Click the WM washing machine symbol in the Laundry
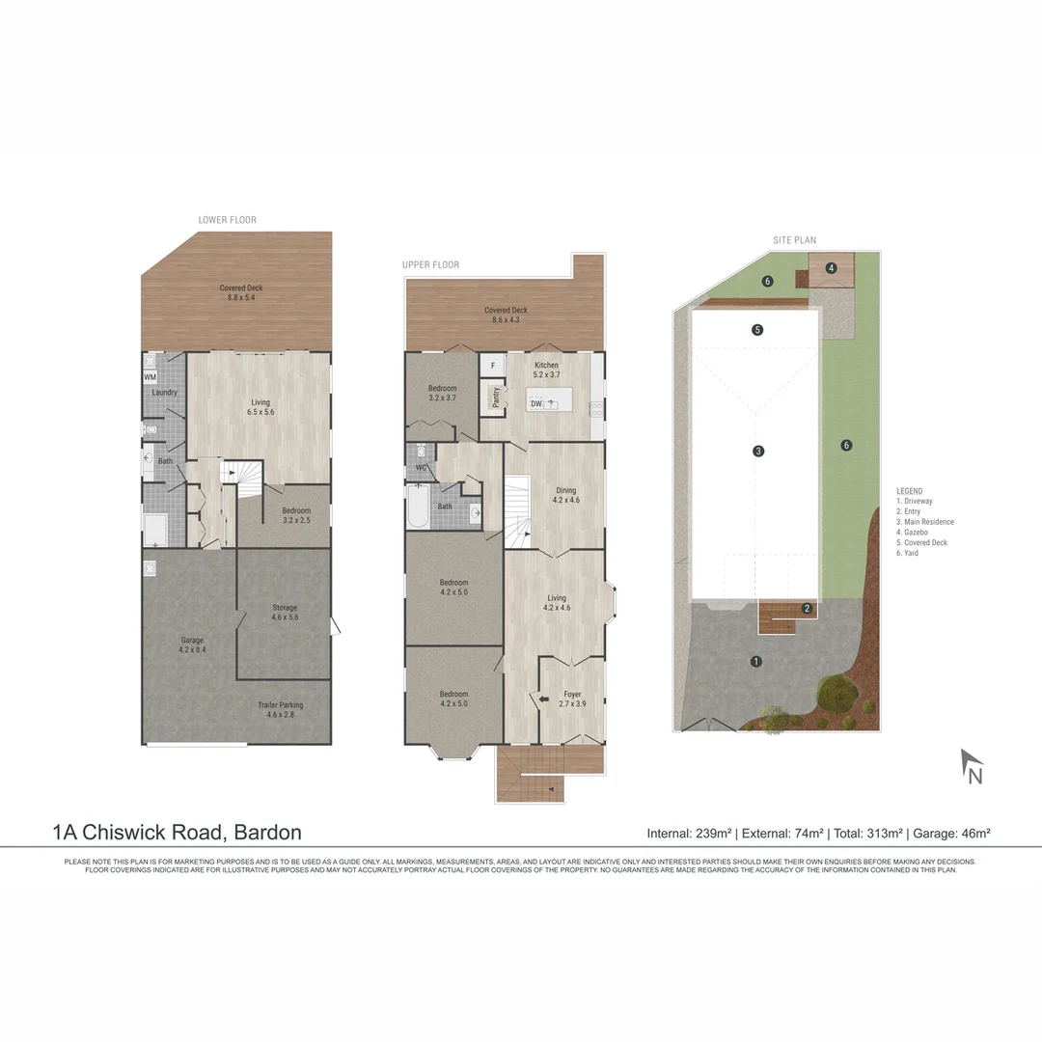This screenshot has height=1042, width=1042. pyautogui.click(x=151, y=376)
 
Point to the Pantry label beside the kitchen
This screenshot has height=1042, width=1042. pyautogui.click(x=496, y=398)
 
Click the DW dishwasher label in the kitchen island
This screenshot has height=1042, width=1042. pyautogui.click(x=536, y=403)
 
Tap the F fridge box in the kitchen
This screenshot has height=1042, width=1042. pyautogui.click(x=492, y=367)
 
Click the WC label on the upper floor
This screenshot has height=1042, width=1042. pyautogui.click(x=421, y=468)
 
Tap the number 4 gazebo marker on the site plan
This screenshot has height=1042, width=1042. pyautogui.click(x=831, y=268)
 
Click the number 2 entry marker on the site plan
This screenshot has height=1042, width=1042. pyautogui.click(x=807, y=608)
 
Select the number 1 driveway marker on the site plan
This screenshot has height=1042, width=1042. pyautogui.click(x=756, y=661)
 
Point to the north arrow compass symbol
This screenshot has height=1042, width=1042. pyautogui.click(x=972, y=767)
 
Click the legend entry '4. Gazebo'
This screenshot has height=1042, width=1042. pyautogui.click(x=918, y=532)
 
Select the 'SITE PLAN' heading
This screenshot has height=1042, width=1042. pyautogui.click(x=795, y=240)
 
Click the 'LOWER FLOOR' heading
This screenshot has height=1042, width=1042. pyautogui.click(x=228, y=220)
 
